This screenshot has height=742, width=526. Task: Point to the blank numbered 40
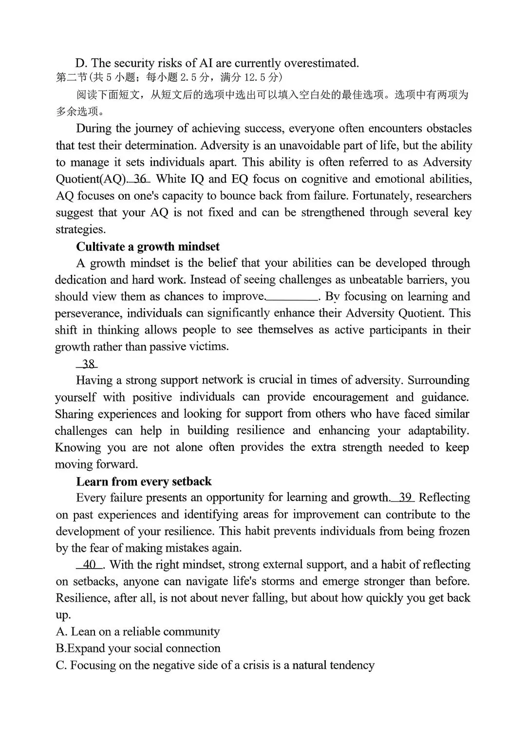tap(90, 565)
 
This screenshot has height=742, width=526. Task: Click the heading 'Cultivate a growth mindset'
tap(148, 246)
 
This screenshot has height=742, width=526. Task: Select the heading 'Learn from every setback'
tap(144, 482)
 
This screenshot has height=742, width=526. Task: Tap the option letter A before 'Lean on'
tap(61, 632)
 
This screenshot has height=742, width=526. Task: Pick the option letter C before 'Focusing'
tap(61, 666)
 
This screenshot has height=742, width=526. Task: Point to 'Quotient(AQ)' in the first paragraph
tap(91, 179)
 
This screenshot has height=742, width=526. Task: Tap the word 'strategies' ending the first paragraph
tap(80, 230)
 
